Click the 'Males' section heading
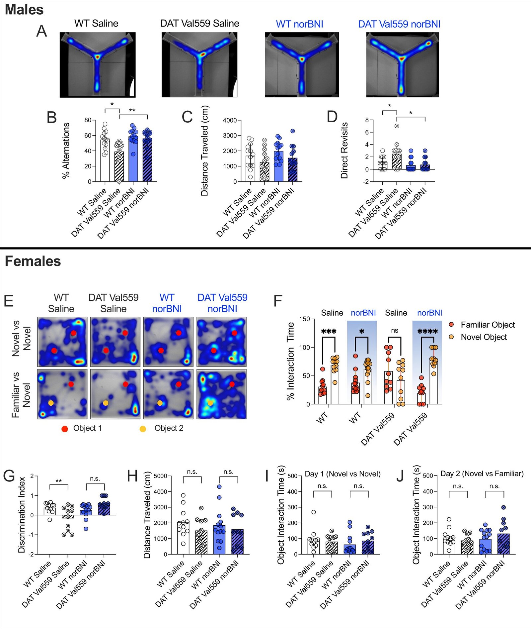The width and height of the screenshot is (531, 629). tap(24, 10)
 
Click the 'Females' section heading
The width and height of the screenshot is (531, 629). tap(33, 261)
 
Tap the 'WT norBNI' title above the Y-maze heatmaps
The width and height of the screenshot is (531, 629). tap(299, 24)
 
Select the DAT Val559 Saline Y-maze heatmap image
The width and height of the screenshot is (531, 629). tap(199, 65)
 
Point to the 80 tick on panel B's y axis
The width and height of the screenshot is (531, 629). tap(88, 120)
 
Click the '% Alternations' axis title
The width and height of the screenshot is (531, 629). tap(66, 151)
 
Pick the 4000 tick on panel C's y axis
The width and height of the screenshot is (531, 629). tap(230, 120)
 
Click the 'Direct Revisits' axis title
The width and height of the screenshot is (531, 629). tap(344, 151)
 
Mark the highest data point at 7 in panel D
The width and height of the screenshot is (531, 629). tap(397, 126)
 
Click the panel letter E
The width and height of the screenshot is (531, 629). tap(9, 301)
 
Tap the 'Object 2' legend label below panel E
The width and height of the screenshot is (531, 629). tap(169, 428)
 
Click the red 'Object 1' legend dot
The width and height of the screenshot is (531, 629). tap(65, 429)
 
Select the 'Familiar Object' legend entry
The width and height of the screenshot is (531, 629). tap(488, 325)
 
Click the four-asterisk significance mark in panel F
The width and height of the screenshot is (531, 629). tap(427, 331)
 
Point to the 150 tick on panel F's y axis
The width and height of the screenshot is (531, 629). tap(304, 319)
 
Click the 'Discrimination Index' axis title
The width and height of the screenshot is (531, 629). tap(22, 515)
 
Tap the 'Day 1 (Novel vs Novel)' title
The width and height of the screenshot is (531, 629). tap(342, 474)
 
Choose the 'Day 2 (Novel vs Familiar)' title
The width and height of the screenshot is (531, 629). tap(482, 473)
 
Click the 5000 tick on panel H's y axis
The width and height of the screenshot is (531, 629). tap(160, 476)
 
